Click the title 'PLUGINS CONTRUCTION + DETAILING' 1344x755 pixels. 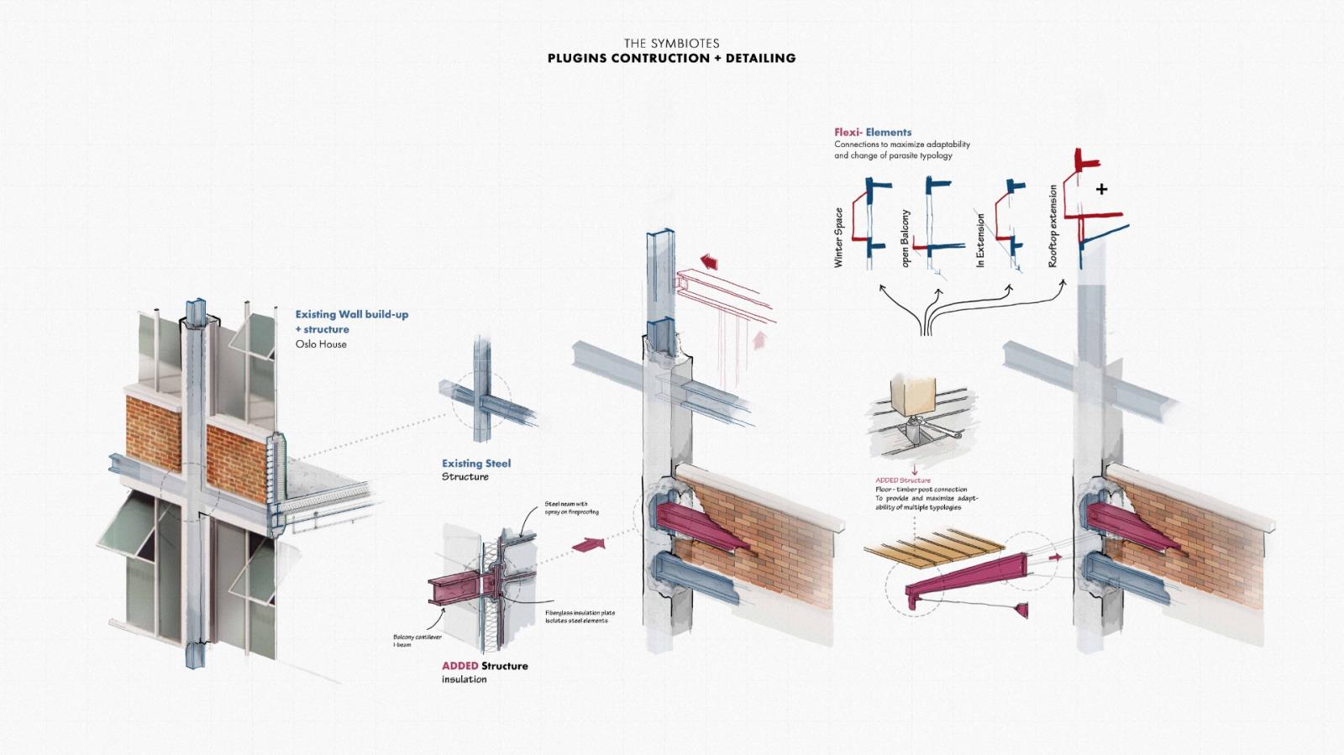click(671, 58)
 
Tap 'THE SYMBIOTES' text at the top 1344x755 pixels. click(671, 43)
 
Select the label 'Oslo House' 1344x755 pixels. click(321, 344)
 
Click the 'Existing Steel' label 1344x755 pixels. click(476, 464)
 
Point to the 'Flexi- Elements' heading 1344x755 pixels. click(873, 132)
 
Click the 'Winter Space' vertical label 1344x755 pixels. click(838, 238)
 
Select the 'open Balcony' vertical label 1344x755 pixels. click(906, 239)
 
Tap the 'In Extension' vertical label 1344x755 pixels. click(980, 241)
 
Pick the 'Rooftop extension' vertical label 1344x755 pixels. click(1053, 227)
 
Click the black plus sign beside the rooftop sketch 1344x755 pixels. click(1101, 189)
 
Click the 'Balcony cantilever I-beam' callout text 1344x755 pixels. click(417, 641)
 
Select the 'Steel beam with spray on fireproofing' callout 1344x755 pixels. click(571, 508)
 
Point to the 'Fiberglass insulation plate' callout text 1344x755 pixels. click(580, 613)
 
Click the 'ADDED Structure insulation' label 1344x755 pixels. click(485, 672)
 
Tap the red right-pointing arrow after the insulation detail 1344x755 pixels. click(588, 545)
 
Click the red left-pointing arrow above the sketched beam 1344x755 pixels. click(709, 262)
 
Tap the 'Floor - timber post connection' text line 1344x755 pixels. click(921, 490)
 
